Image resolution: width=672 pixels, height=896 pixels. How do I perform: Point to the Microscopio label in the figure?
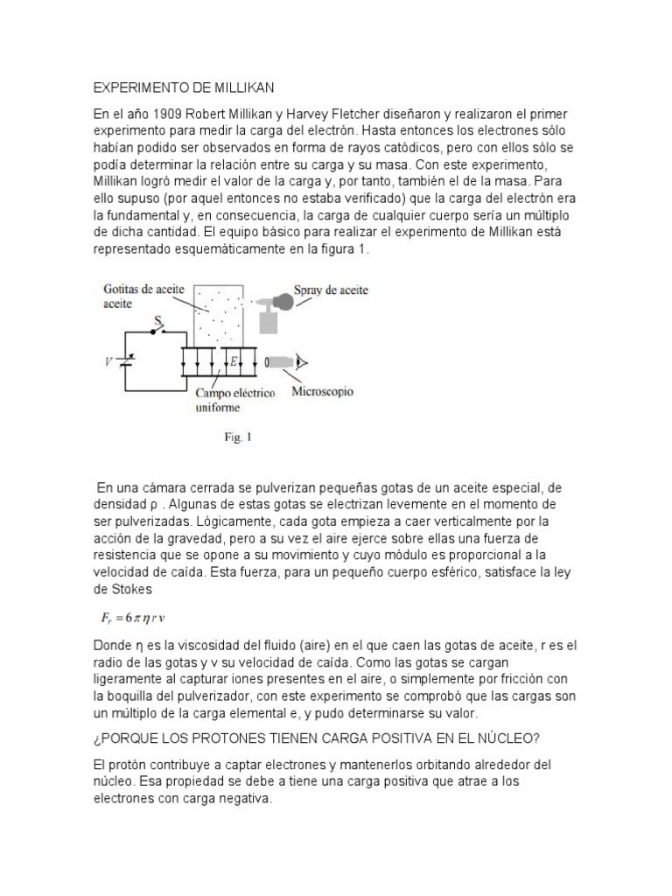tap(322, 392)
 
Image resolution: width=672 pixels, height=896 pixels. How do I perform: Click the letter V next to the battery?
tap(108, 361)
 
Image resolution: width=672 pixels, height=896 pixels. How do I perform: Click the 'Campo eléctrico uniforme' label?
tap(234, 400)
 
